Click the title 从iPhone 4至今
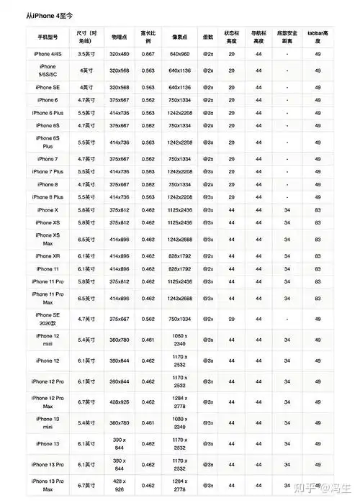(50, 14)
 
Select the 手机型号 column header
(47, 35)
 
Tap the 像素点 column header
(179, 35)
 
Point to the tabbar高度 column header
(317, 35)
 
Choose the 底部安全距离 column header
(287, 35)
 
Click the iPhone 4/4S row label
(47, 53)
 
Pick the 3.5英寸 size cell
(87, 53)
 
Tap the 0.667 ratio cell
(148, 53)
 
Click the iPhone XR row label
(47, 255)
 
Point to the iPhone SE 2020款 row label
(47, 319)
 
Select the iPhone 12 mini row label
(47, 340)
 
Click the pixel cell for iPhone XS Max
(179, 239)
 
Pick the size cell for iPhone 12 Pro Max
(87, 402)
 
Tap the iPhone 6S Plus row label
(47, 142)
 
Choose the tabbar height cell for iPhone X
(317, 209)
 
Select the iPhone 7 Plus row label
(47, 171)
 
